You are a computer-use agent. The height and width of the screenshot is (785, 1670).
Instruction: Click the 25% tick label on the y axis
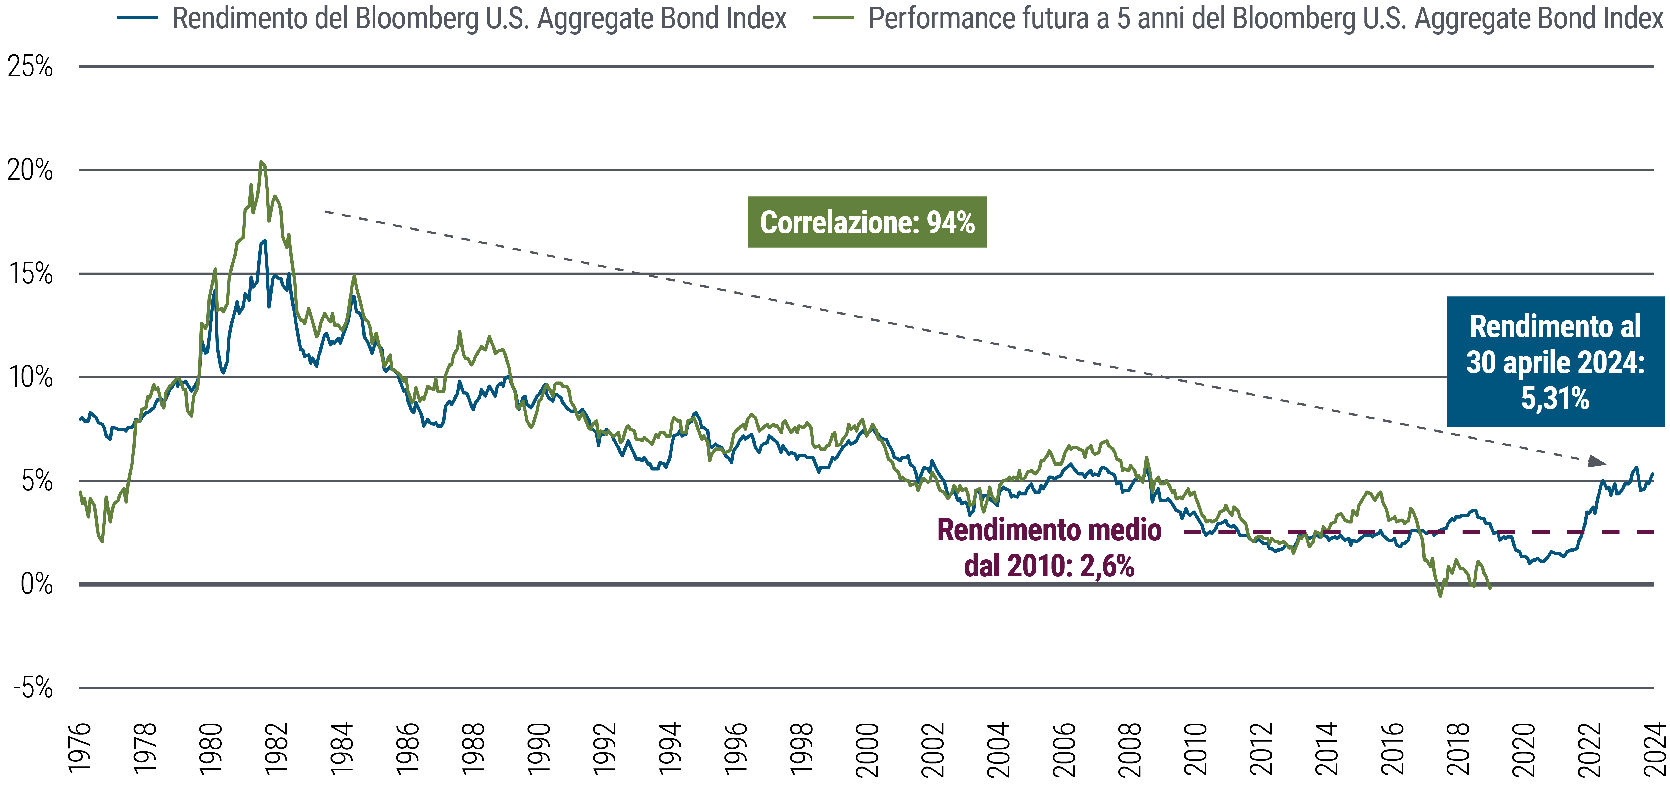(30, 67)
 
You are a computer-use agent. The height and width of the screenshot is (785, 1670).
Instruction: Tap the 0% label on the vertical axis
(36, 584)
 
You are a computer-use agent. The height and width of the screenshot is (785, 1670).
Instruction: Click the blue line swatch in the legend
(137, 18)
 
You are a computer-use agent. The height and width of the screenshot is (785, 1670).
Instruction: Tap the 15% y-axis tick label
(30, 273)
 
